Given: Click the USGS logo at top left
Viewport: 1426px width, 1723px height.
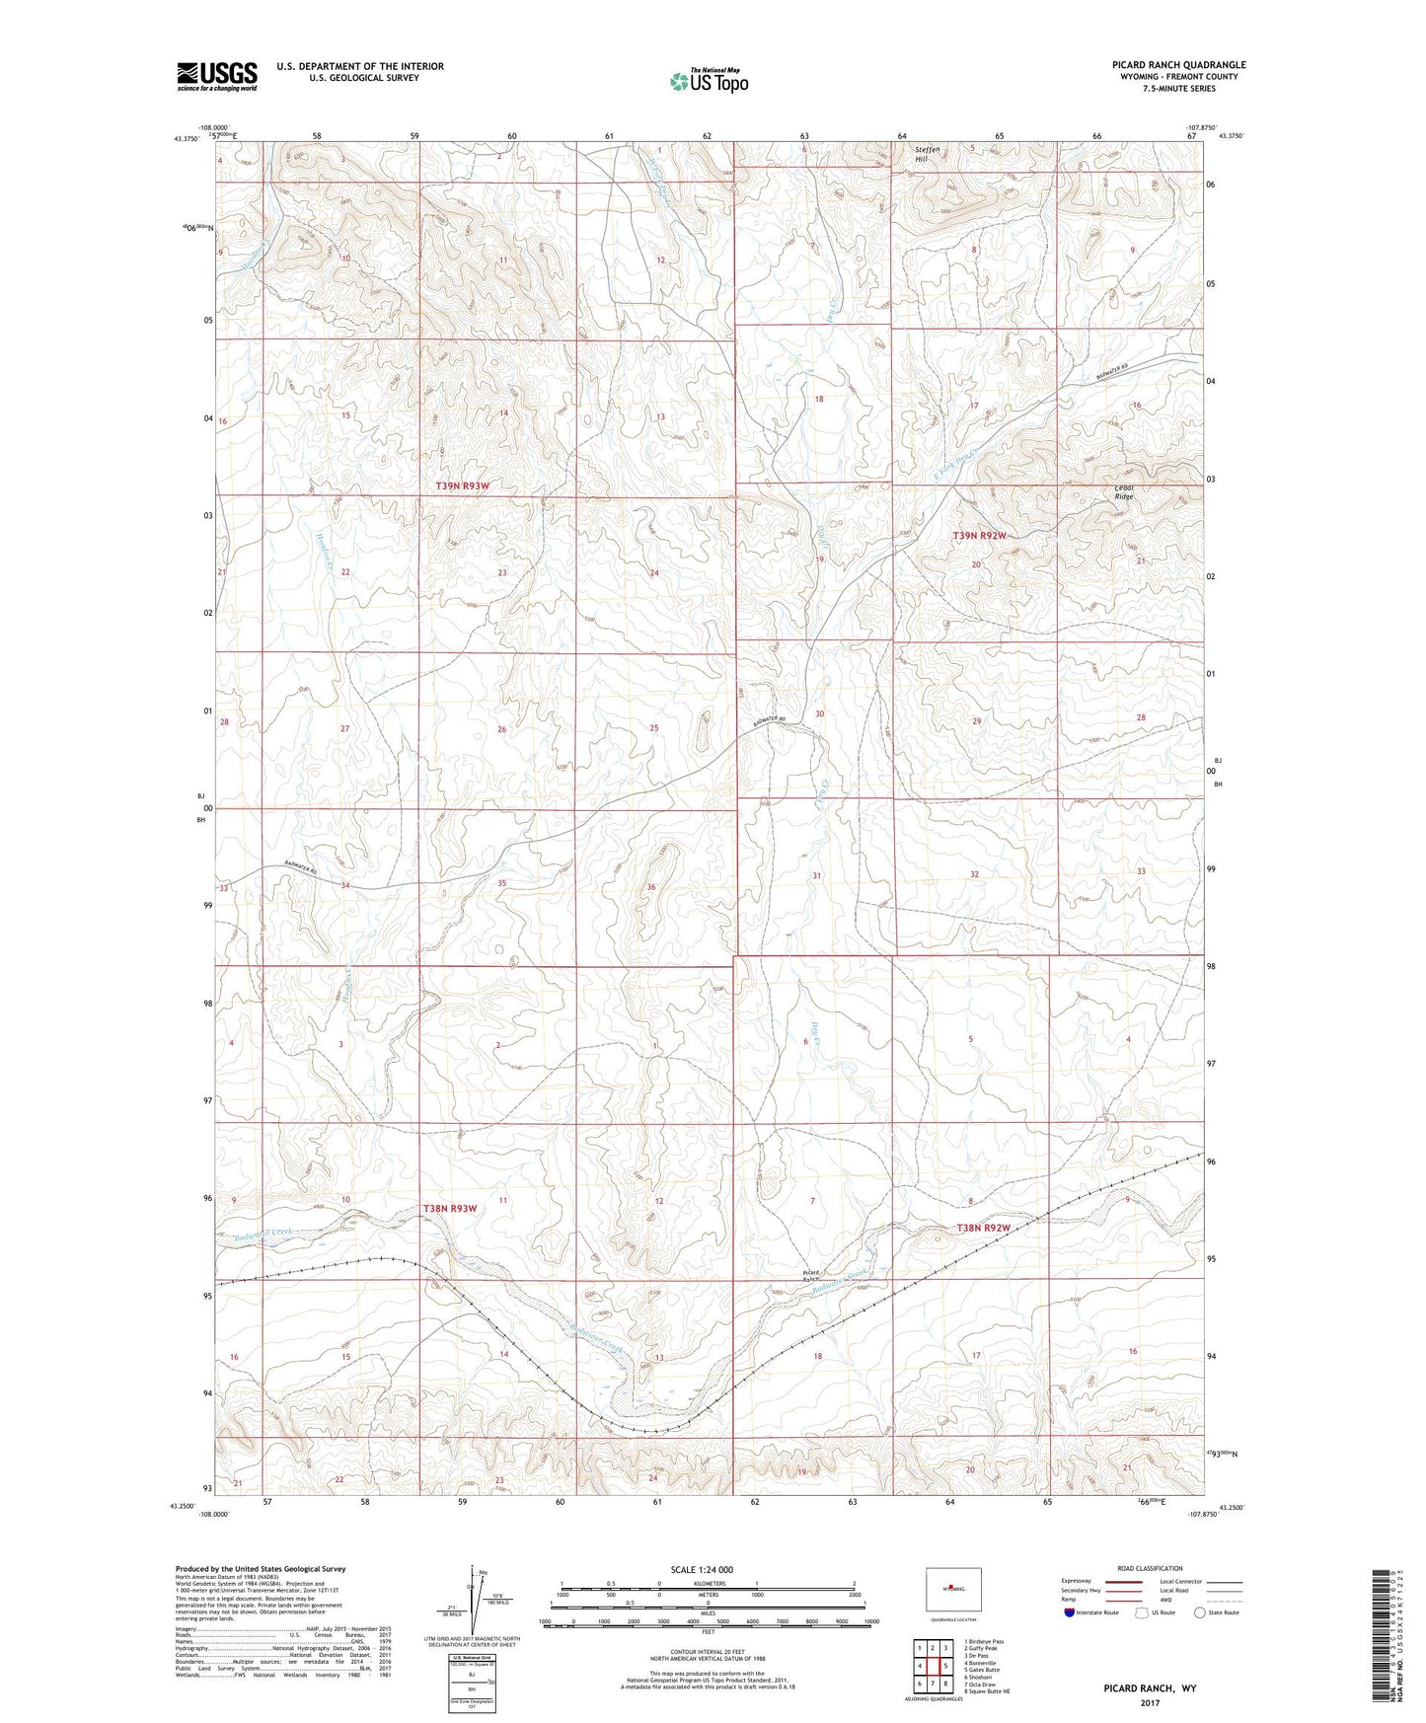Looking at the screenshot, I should pyautogui.click(x=217, y=76).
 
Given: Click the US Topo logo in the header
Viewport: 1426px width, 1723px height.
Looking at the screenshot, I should pyautogui.click(x=708, y=81).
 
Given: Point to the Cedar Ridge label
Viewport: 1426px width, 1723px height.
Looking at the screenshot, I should pyautogui.click(x=1124, y=491).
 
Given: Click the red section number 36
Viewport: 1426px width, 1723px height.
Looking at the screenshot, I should pyautogui.click(x=651, y=887).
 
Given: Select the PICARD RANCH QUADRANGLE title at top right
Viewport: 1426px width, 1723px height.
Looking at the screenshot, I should pyautogui.click(x=1164, y=65).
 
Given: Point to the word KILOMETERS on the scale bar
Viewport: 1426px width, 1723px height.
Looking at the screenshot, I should pyautogui.click(x=708, y=1584).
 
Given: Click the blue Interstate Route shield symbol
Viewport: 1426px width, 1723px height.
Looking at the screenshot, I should pyautogui.click(x=1071, y=1612).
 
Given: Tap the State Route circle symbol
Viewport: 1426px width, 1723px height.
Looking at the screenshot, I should pyautogui.click(x=1199, y=1612).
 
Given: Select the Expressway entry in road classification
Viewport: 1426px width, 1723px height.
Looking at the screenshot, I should pyautogui.click(x=1077, y=1581).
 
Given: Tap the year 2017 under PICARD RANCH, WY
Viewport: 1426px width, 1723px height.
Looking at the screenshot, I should pyautogui.click(x=1150, y=1702).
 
